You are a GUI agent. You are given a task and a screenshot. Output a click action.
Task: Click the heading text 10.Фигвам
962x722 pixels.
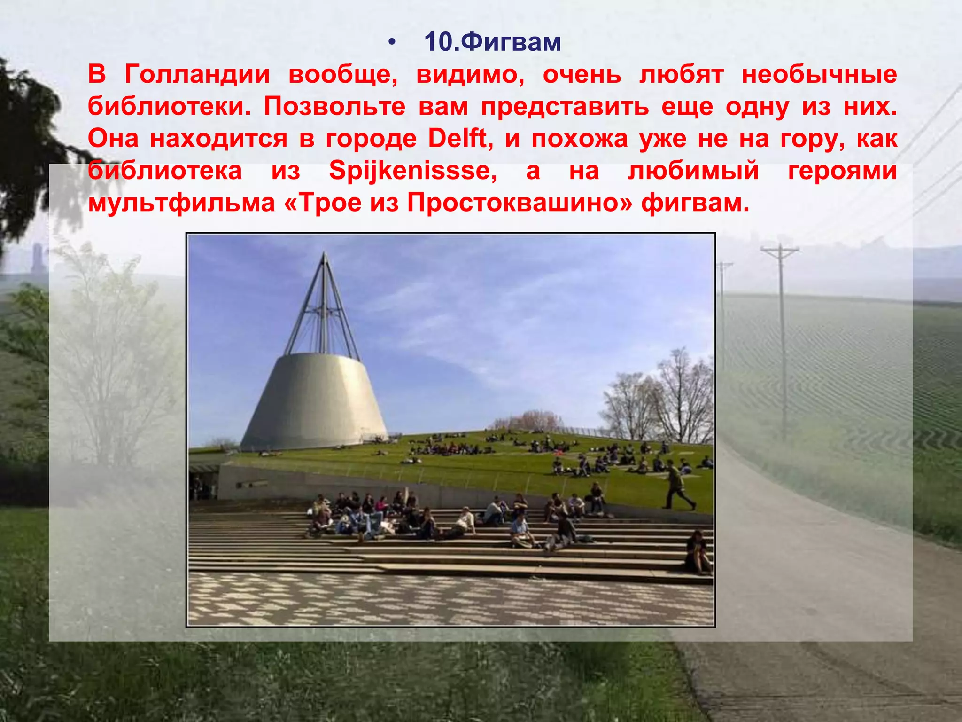(492, 42)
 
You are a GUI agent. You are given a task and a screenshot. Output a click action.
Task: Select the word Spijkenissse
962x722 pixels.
(412, 171)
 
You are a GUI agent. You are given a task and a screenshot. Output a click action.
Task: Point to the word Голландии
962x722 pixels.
(197, 74)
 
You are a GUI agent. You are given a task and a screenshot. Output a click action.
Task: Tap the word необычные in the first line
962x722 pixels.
(819, 74)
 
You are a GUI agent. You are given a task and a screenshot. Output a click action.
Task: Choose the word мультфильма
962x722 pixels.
(181, 203)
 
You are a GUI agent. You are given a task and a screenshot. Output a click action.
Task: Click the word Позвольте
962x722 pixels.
(334, 107)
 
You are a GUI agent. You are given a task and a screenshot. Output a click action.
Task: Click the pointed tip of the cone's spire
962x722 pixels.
(324, 254)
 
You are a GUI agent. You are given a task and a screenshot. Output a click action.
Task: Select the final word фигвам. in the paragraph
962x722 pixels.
(695, 203)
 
